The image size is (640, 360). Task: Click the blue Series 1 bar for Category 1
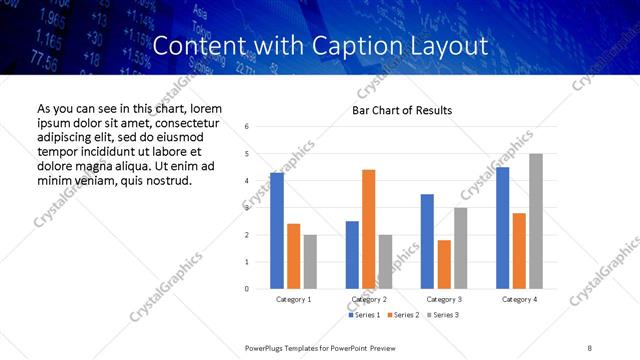(x=277, y=231)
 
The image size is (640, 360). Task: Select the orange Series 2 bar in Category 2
(x=368, y=229)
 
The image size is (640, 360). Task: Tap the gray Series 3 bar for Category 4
(x=536, y=221)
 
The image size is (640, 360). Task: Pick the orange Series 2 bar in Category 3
(x=444, y=264)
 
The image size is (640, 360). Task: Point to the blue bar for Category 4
(x=503, y=228)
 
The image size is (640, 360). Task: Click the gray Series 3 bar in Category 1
(x=310, y=262)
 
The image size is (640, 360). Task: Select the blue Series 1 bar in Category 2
(x=352, y=255)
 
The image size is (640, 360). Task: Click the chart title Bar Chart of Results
(x=402, y=110)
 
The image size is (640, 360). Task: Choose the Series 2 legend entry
(x=402, y=315)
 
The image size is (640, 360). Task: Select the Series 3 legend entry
(x=442, y=315)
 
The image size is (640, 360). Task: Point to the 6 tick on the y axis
(x=247, y=127)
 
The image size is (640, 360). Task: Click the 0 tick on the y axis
(x=247, y=289)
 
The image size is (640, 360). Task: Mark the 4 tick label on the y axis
(x=247, y=181)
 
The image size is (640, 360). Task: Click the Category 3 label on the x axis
(x=444, y=299)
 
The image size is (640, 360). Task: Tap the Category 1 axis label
(x=293, y=299)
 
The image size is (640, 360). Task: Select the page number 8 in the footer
(x=588, y=347)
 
